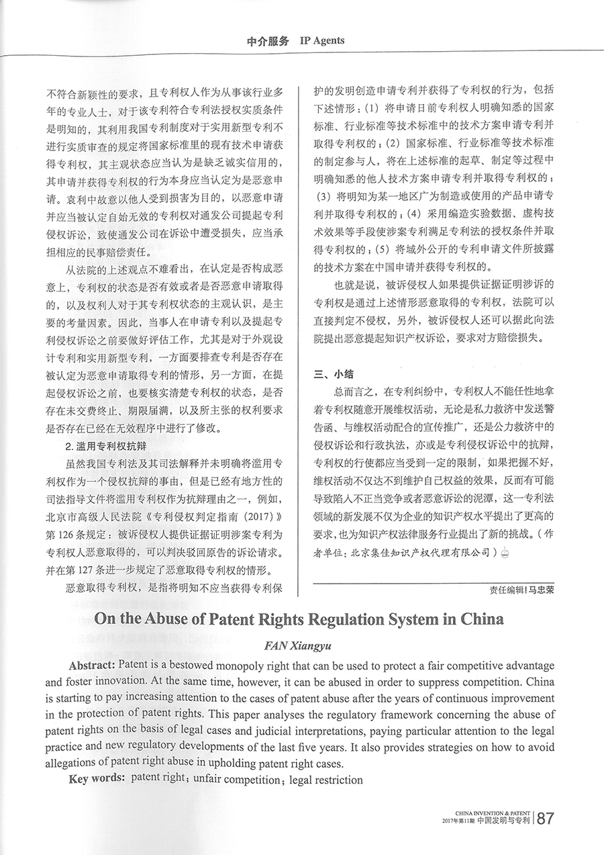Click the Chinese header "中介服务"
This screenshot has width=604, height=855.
pyautogui.click(x=268, y=41)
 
